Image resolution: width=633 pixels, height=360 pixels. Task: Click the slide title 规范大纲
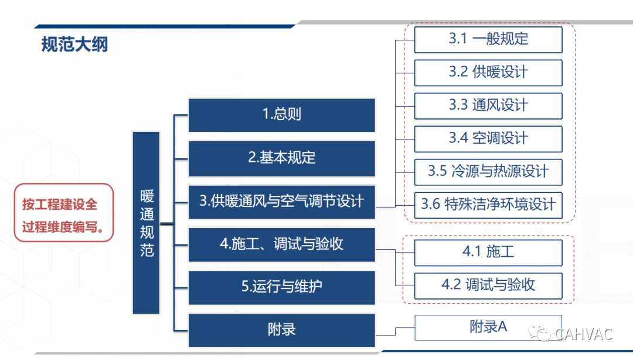coord(74,45)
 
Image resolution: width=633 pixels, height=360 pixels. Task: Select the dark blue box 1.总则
coord(282,115)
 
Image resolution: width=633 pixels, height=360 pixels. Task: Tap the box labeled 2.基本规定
coord(282,158)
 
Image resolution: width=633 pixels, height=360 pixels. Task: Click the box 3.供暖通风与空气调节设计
coord(282,202)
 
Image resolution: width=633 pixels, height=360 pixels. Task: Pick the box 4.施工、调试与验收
coord(282,244)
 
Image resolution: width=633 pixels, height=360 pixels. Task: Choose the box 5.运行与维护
coord(282,287)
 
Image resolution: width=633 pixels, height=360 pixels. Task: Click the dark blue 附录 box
coord(282,330)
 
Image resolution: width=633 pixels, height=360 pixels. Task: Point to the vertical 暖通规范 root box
coord(146,223)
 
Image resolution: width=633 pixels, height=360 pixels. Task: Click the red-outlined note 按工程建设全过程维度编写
coord(64,213)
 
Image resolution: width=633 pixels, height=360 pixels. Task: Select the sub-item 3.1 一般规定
coord(488,40)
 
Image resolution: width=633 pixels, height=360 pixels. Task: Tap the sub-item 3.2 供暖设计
coord(488,73)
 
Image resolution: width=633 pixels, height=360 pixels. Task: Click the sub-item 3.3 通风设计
coord(488,106)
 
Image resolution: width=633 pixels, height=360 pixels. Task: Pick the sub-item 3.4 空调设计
coord(488,139)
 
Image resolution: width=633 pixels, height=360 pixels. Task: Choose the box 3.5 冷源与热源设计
coord(488,172)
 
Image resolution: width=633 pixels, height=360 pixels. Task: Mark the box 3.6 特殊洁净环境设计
coord(488,205)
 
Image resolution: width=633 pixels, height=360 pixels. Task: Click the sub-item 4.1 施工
coord(488,253)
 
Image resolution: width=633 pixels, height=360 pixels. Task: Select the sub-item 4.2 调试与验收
coord(488,286)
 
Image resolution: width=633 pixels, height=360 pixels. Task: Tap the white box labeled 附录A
coord(488,328)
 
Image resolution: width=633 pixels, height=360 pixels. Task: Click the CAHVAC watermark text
coord(584,334)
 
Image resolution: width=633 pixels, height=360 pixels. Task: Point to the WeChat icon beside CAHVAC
coord(540,334)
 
